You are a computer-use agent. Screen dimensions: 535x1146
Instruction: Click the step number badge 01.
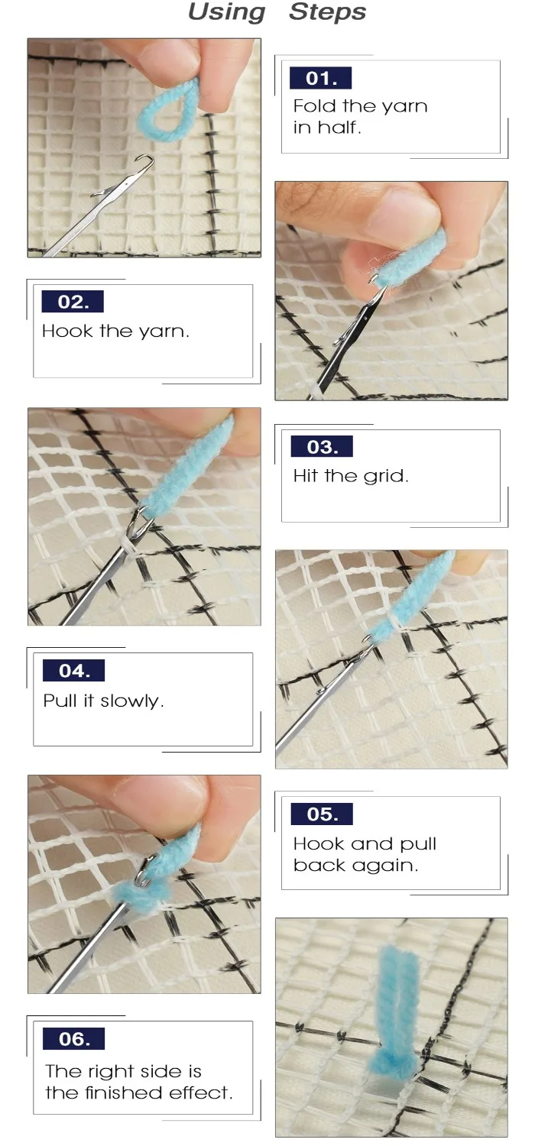coord(320,78)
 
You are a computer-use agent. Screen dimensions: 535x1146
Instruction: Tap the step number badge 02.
coord(73,301)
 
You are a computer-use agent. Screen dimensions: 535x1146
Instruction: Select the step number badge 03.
coord(322,447)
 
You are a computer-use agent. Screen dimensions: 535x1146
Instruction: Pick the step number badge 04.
coord(73,670)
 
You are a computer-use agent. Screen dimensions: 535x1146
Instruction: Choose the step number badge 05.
coord(322,814)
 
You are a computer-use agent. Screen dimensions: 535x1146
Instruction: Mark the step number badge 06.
coord(73,1038)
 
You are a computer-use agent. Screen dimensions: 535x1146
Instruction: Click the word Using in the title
coord(227,12)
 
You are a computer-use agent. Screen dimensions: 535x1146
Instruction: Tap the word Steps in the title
coord(328,12)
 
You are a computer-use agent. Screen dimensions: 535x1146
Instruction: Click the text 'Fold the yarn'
coord(360,106)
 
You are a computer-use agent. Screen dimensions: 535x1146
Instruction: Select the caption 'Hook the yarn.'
coord(115,331)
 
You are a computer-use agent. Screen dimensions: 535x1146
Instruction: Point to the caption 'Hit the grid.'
coord(351,476)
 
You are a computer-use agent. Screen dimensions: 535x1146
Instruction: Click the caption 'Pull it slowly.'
coord(103,701)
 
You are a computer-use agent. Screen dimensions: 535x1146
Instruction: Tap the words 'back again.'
coord(356,865)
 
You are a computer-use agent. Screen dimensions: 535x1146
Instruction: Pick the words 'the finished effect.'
coord(139,1093)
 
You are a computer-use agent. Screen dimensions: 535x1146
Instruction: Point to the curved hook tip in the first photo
coord(147,162)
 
